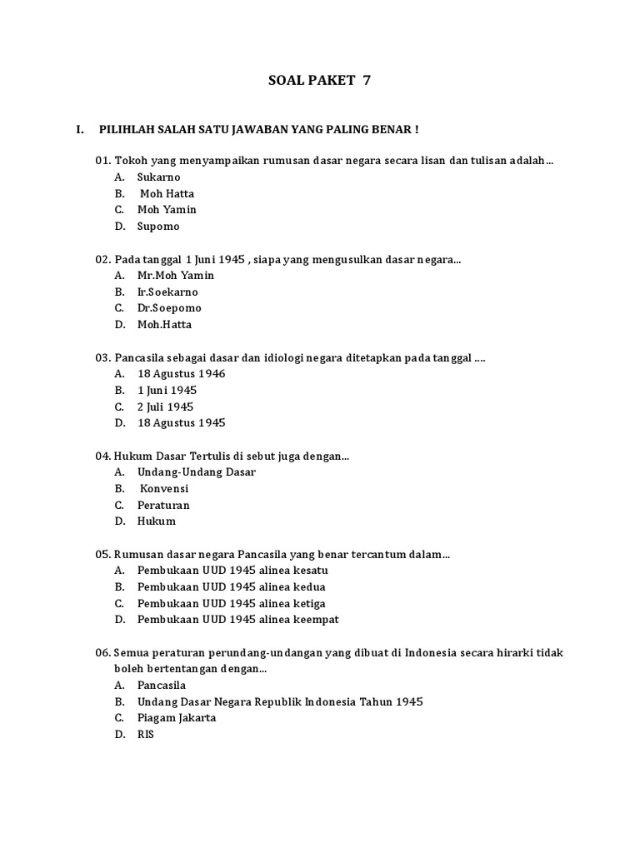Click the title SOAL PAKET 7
pyautogui.click(x=319, y=81)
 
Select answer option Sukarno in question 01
pyautogui.click(x=158, y=177)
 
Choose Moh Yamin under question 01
pyautogui.click(x=167, y=210)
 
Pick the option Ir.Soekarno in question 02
pyautogui.click(x=167, y=292)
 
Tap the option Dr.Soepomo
pyautogui.click(x=169, y=308)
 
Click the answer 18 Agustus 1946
pyautogui.click(x=181, y=374)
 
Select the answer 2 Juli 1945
pyautogui.click(x=165, y=407)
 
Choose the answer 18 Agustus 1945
pyautogui.click(x=181, y=423)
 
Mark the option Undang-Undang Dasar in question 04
pyautogui.click(x=196, y=472)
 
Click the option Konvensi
pyautogui.click(x=164, y=489)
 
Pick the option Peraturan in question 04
pyautogui.click(x=163, y=506)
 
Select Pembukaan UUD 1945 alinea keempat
pyautogui.click(x=237, y=620)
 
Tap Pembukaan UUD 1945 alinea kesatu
pyautogui.click(x=232, y=571)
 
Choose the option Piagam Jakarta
pyautogui.click(x=176, y=718)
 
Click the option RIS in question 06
pyautogui.click(x=146, y=735)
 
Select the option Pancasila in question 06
pyautogui.click(x=162, y=686)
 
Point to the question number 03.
pyautogui.click(x=102, y=358)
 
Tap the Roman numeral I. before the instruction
pyautogui.click(x=80, y=130)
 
